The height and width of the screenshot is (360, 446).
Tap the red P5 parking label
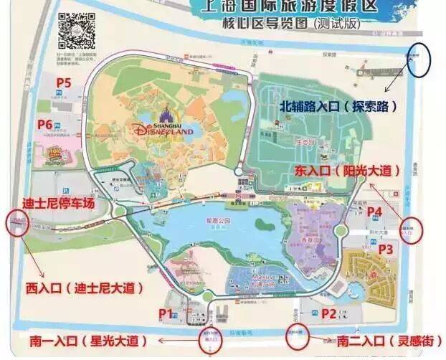coord(63,83)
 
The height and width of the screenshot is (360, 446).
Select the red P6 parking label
coord(45,125)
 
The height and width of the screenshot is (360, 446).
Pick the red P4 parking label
coord(374,212)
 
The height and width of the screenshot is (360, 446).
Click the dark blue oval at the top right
coord(418,62)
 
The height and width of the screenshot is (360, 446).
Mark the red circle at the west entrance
coord(14,222)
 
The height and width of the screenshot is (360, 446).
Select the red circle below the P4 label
coord(412,230)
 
